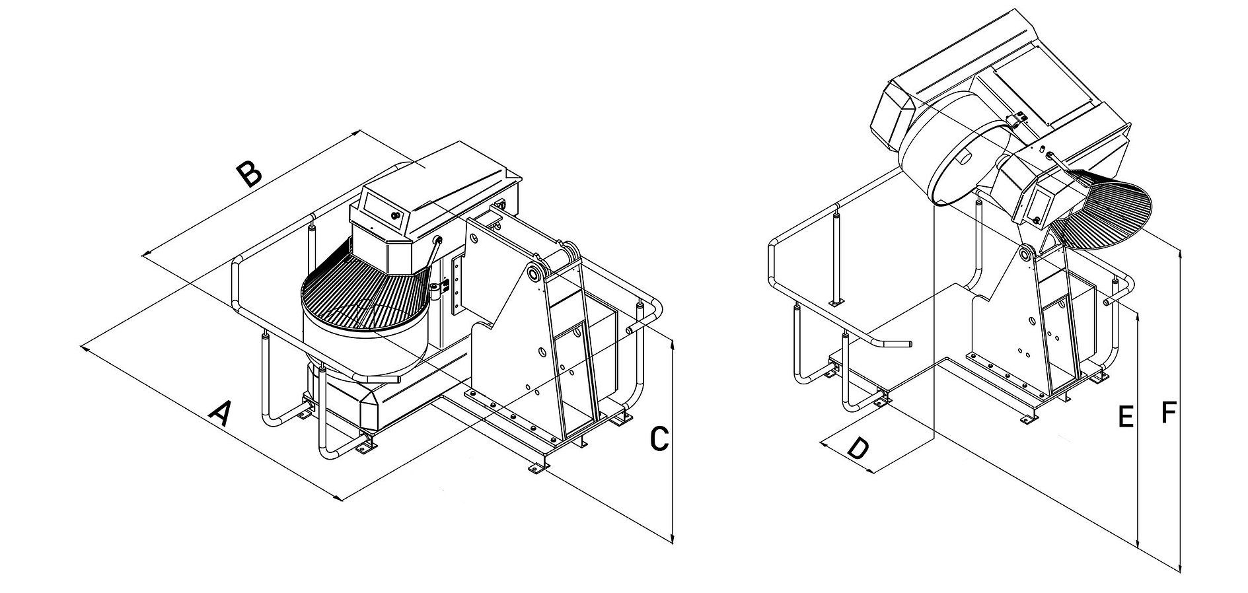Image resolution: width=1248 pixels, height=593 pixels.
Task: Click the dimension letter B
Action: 250,174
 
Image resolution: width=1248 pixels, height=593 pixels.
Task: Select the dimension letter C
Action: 659,439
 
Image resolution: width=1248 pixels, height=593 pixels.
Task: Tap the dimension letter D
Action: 858,448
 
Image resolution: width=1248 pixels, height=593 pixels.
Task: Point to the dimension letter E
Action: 1126,417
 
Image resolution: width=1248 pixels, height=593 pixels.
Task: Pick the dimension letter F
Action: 1168,413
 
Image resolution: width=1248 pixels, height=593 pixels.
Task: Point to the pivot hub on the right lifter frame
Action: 1027,254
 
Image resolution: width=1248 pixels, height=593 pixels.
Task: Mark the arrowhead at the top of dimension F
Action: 1180,252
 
